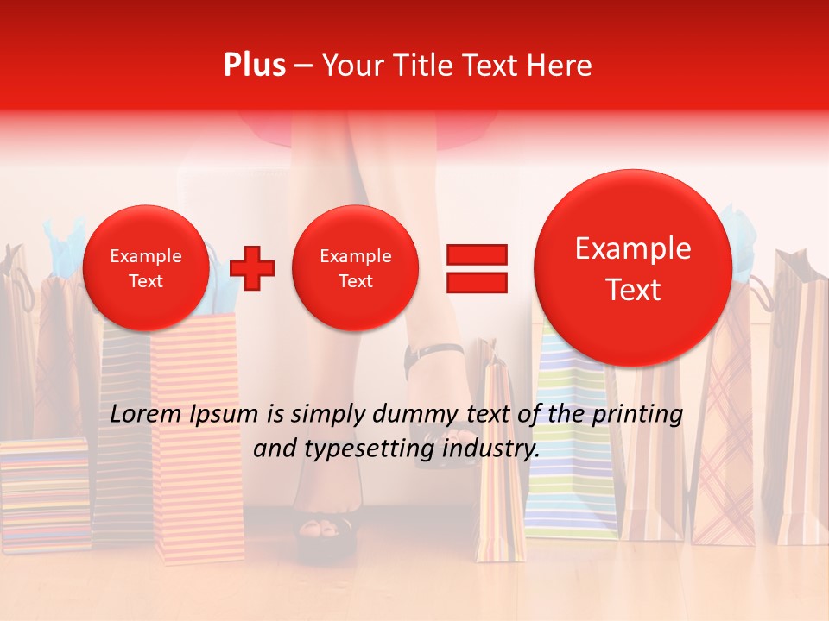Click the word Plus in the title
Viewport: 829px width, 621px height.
pyautogui.click(x=254, y=66)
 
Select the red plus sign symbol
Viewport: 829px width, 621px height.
pyautogui.click(x=252, y=267)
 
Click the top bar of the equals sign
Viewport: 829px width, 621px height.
pyautogui.click(x=476, y=254)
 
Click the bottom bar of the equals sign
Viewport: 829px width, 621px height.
pyautogui.click(x=476, y=282)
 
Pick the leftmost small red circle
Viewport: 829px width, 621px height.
pyautogui.click(x=145, y=267)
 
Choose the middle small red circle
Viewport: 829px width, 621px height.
pyautogui.click(x=355, y=267)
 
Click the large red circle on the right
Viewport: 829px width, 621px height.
pyautogui.click(x=633, y=267)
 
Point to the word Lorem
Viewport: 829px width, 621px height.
pyautogui.click(x=144, y=414)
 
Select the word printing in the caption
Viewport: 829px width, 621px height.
pyautogui.click(x=637, y=414)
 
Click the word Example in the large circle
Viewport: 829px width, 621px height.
pyautogui.click(x=633, y=248)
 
